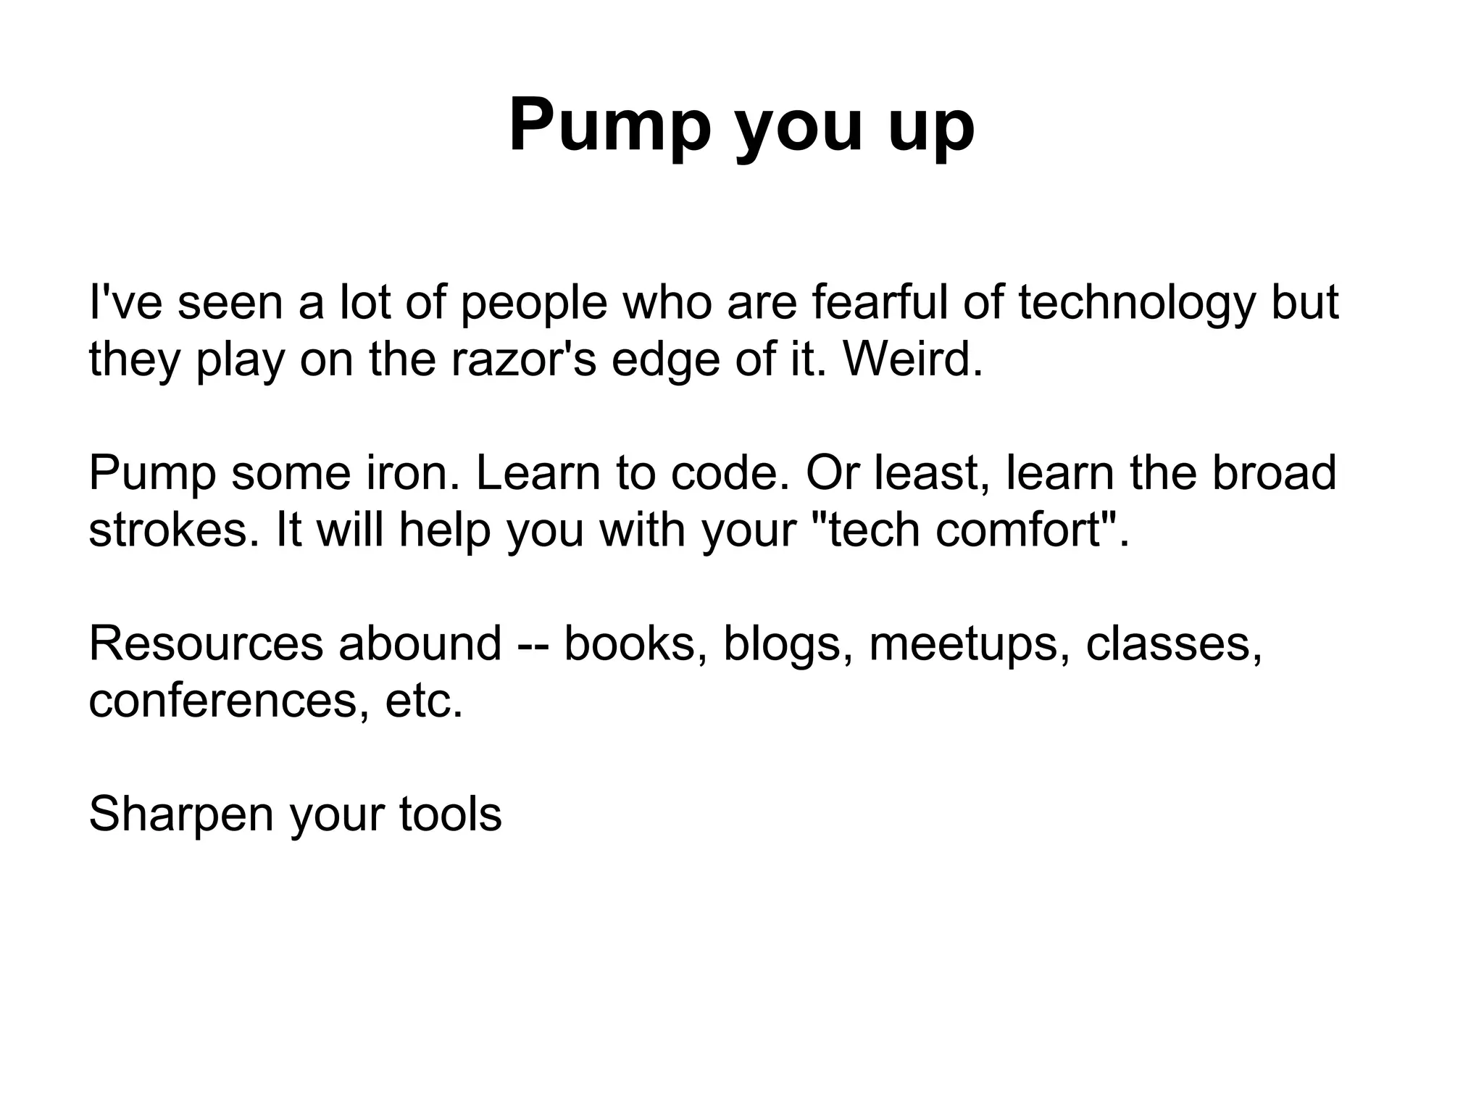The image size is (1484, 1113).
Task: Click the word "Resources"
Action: point(205,643)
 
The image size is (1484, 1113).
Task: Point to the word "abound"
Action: point(420,643)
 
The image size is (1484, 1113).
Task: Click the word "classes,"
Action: point(1174,643)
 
